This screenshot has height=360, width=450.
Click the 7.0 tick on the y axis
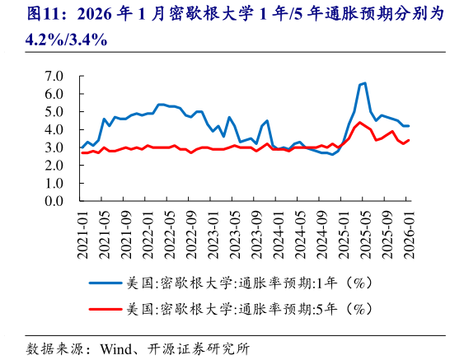point(53,76)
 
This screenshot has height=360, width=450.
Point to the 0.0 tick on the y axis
point(53,201)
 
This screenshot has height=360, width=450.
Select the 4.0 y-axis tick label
point(53,129)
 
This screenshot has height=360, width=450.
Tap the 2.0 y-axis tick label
point(53,166)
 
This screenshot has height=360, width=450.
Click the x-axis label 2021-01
point(82,231)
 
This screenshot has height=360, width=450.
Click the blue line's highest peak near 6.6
point(364,83)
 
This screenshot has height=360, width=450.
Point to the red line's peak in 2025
point(359,123)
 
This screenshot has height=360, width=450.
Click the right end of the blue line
point(409,126)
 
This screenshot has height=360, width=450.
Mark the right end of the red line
point(409,140)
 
